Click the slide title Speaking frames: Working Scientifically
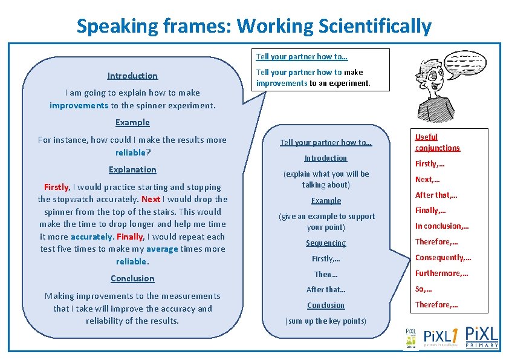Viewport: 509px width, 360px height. [x=254, y=26]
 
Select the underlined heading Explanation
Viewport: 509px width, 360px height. [x=132, y=169]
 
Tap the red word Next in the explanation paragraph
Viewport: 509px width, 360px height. [x=151, y=199]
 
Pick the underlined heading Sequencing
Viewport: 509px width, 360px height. [x=326, y=243]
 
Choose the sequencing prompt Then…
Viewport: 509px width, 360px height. [x=326, y=274]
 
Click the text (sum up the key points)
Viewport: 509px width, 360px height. [x=326, y=321]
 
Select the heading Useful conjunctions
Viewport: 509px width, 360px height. [x=437, y=142]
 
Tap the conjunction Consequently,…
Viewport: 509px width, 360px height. [x=443, y=258]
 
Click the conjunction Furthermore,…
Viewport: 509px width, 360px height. [x=441, y=273]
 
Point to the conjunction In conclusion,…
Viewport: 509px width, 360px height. [x=442, y=226]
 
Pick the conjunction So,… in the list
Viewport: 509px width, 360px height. [x=424, y=289]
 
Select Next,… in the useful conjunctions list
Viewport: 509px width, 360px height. [x=427, y=179]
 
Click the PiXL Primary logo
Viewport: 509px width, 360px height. [x=481, y=336]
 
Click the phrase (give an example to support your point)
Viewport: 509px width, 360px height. [x=326, y=221]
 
